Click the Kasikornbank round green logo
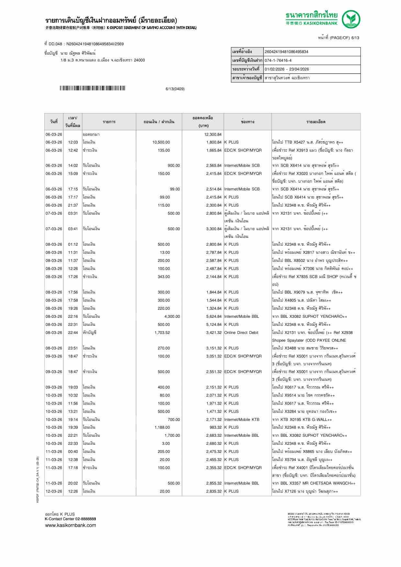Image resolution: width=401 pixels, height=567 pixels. pyautogui.click(x=351, y=19)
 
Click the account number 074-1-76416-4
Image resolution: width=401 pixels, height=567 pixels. pyautogui.click(x=278, y=60)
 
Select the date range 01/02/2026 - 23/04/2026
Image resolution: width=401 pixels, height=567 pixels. pyautogui.click(x=286, y=69)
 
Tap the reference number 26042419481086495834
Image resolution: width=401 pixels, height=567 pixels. pyautogui.click(x=286, y=52)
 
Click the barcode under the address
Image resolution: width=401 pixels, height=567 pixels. pyautogui.click(x=92, y=88)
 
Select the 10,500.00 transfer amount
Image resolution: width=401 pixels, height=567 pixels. pyautogui.click(x=161, y=142)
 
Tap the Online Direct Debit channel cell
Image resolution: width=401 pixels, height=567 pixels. pyautogui.click(x=241, y=333)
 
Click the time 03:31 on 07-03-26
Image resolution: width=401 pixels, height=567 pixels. pyautogui.click(x=73, y=213)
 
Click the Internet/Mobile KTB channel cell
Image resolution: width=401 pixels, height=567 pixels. pyautogui.click(x=241, y=420)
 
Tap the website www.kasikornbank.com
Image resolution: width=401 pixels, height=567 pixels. pyautogui.click(x=70, y=525)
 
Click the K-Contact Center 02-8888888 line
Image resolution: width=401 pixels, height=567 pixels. pyautogui.click(x=70, y=519)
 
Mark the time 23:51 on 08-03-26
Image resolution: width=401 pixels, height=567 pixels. pyautogui.click(x=73, y=348)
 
